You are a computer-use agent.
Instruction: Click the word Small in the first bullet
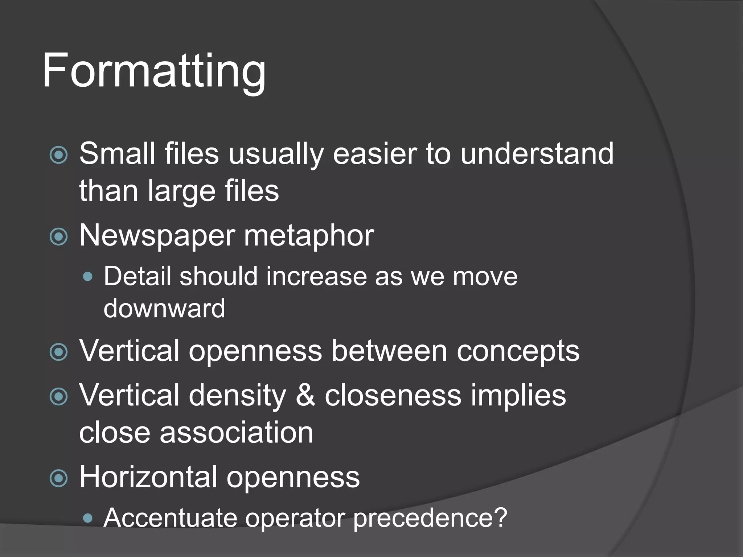point(117,153)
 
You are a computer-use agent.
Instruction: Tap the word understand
point(537,153)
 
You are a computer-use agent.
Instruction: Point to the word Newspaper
point(157,236)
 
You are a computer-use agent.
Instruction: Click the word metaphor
point(309,236)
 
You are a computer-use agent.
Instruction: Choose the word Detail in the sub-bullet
point(137,276)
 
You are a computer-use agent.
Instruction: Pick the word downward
point(164,309)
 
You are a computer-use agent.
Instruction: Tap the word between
point(389,351)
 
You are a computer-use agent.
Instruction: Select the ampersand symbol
point(305,395)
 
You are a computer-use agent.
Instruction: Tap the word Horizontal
point(148,477)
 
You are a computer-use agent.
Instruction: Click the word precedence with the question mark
point(430,518)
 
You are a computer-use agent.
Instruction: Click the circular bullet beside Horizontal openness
point(58,478)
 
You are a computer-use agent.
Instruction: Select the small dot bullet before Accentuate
point(87,518)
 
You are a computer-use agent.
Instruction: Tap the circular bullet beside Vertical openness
point(58,352)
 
